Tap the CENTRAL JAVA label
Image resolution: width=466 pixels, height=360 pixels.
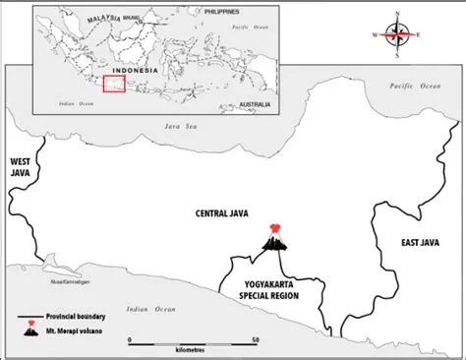click(x=223, y=212)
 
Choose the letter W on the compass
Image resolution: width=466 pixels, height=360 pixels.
click(x=376, y=36)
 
